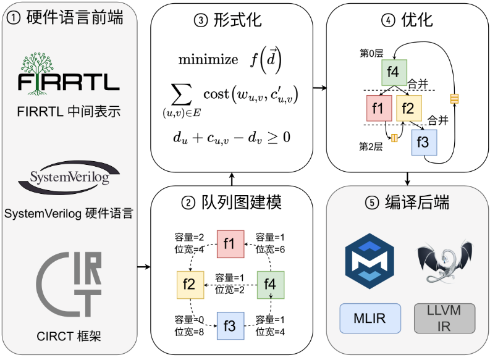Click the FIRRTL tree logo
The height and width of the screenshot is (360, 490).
pos(69,72)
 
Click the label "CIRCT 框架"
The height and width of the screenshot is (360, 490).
pos(69,337)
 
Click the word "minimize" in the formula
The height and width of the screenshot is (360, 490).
pos(208,59)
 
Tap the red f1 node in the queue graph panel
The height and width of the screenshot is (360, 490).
pos(229,243)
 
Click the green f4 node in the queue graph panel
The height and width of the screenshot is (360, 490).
pos(270,284)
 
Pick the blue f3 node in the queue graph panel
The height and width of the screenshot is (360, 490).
pos(229,325)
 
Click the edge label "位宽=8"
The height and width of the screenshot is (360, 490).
pos(189,332)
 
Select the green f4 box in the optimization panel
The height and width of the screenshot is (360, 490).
pos(393,72)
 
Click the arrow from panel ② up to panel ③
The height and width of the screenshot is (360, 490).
pos(232,178)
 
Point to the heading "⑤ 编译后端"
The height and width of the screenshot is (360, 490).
pos(408,203)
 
